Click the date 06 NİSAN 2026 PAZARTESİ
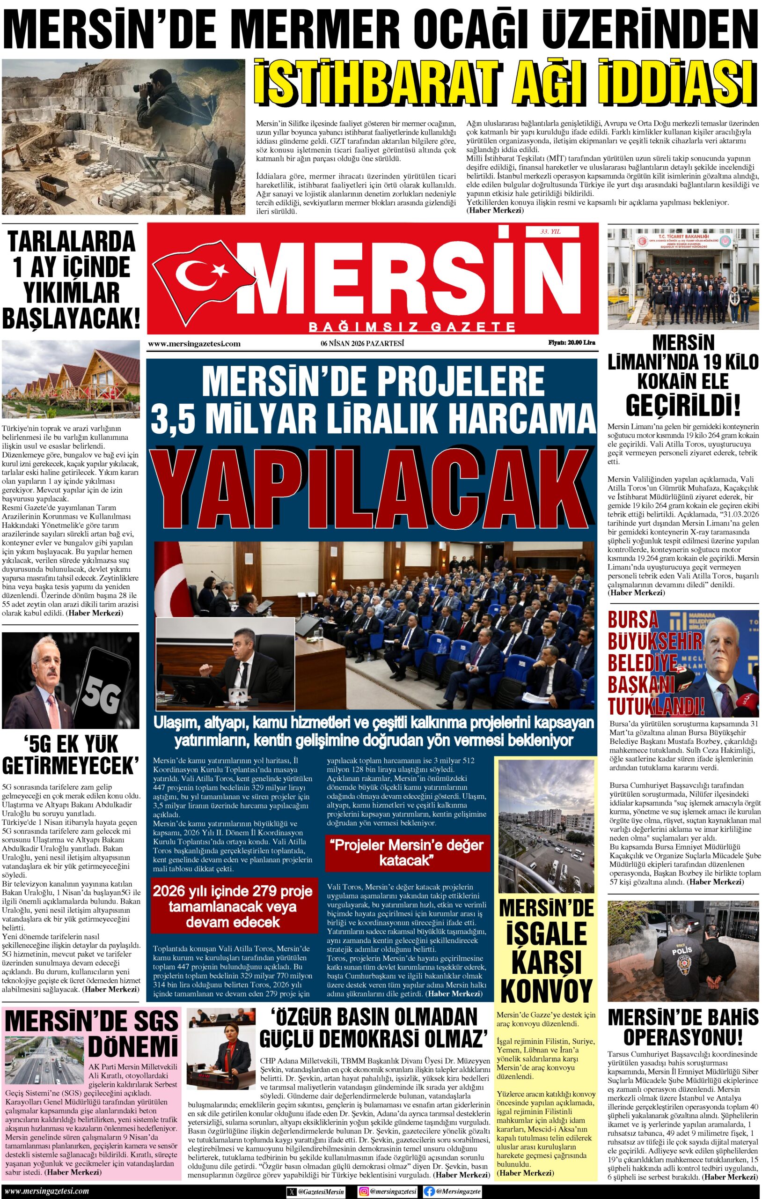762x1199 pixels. click(362, 342)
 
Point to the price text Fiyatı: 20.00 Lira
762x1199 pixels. click(571, 342)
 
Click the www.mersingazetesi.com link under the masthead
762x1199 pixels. click(195, 343)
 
